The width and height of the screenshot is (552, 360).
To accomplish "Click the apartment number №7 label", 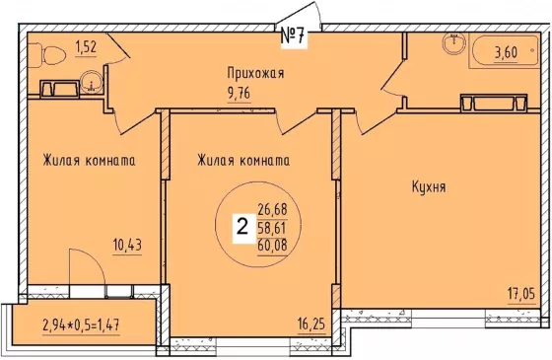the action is pos(294,36).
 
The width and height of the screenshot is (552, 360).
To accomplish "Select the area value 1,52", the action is pos(86,47).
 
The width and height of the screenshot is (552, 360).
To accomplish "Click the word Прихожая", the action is pos(255,74).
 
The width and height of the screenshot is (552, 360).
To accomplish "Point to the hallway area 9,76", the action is pos(240,94).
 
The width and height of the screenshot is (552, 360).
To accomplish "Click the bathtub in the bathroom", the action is pos(504,51).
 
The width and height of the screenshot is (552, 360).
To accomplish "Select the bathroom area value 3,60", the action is pos(507,53).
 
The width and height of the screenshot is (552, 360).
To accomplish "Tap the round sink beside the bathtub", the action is pos(454,43).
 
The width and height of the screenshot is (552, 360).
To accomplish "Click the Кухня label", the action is pos(429,187).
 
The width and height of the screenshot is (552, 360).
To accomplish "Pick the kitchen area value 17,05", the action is pos(521,293).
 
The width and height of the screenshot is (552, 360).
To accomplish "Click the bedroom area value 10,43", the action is pos(127,245).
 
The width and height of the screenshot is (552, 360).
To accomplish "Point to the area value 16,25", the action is pos(311,324).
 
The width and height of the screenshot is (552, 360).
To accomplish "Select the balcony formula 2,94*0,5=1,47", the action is pos(81,325).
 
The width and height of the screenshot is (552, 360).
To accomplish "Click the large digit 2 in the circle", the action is pos(242,227).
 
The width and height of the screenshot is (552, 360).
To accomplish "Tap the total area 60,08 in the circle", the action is pos(272,246).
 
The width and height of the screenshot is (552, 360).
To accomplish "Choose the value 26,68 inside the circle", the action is pos(272,210).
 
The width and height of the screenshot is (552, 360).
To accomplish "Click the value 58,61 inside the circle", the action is pos(272,228).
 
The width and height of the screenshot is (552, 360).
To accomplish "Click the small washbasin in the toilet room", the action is pos(91,83).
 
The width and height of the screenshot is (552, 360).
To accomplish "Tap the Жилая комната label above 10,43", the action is pos(89,161).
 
